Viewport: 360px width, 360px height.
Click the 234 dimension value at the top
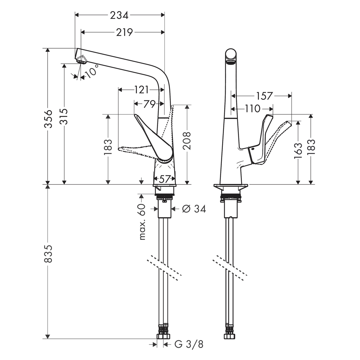[119, 15]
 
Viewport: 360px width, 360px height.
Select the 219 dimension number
[124, 32]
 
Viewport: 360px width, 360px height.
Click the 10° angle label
[91, 71]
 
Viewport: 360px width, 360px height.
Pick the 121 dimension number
[141, 90]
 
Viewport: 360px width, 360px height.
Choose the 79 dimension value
[149, 104]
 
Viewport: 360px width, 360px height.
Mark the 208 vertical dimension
[187, 140]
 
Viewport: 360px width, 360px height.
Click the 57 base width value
[165, 179]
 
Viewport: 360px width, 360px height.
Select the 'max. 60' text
[142, 222]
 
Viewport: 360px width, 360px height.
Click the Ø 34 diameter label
[194, 209]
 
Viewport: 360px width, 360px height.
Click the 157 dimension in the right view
[264, 96]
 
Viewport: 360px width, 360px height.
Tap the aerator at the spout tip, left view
[81, 60]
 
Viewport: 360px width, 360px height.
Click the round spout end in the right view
[231, 56]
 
